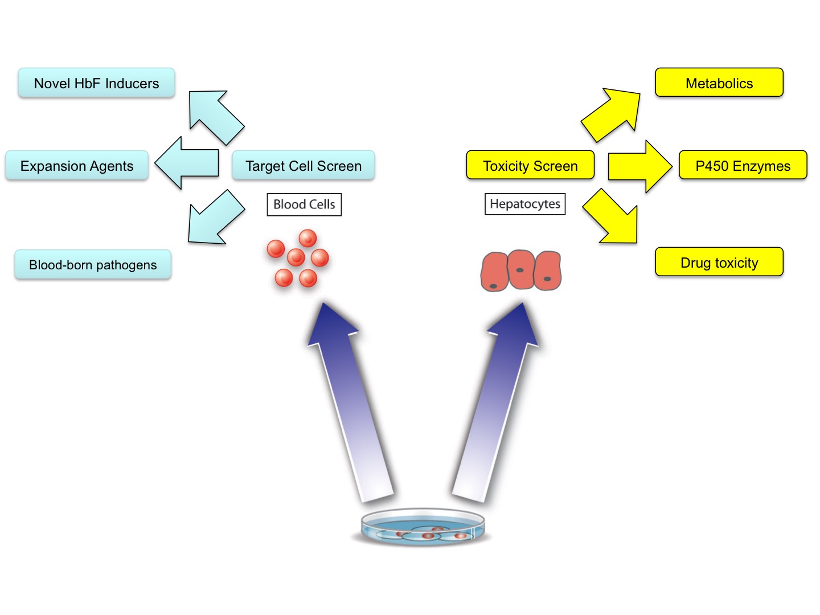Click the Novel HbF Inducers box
coord(96,83)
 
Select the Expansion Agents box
coord(77,166)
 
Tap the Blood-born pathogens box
coord(93,265)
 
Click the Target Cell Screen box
coord(304,166)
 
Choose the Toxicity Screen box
coord(530,166)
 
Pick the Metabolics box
coord(719,83)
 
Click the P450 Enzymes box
coord(743,166)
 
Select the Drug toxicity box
coord(719,263)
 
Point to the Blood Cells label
coord(304,204)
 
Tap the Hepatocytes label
coord(525,204)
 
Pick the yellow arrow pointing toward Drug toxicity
coord(612,218)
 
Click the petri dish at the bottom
coord(423,527)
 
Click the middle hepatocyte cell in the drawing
coord(520,269)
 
